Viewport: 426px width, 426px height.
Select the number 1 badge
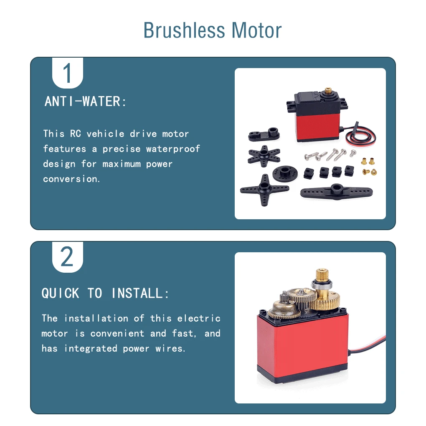tap(67, 73)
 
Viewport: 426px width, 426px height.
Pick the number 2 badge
tap(67, 257)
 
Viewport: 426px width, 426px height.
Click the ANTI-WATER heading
tap(85, 101)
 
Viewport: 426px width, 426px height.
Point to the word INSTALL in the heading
tap(140, 294)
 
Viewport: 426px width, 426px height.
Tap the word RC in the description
tap(76, 134)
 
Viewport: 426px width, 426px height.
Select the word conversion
tap(71, 179)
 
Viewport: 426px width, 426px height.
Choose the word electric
tap(199, 318)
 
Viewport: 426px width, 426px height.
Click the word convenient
tap(117, 333)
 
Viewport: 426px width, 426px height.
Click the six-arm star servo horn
tap(264, 156)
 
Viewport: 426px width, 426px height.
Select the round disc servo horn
tap(285, 173)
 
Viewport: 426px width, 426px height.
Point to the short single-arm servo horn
tap(264, 134)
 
